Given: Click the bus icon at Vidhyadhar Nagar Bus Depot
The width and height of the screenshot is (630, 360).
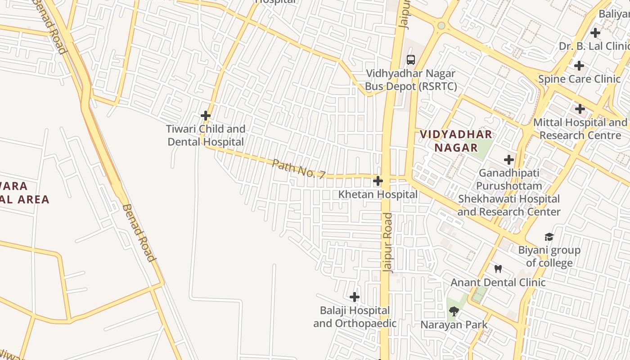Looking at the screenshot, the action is point(410,59).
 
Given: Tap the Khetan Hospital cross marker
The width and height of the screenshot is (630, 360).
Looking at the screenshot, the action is point(378,181).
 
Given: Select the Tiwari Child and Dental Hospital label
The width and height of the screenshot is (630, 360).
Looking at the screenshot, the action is point(206,135).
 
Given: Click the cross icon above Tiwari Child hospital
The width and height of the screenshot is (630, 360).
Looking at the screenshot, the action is point(206,116).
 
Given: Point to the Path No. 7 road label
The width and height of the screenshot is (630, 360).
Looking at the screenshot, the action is point(298,169).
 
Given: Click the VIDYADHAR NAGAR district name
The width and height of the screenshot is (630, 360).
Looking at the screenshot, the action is point(456,140).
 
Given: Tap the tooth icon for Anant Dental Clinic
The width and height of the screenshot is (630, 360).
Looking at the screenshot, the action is point(498,269).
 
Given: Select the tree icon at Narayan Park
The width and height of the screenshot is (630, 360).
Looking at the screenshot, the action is point(454,311).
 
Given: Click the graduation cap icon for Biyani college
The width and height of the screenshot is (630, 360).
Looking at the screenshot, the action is point(549,237).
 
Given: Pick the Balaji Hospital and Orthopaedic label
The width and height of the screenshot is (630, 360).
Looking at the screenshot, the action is point(355,317).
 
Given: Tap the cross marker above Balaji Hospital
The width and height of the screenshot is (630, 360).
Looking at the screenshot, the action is point(355,297).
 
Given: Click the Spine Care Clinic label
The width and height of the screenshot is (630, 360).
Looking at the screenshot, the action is point(579,79).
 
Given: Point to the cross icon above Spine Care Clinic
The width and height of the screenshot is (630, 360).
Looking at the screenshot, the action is point(579,66).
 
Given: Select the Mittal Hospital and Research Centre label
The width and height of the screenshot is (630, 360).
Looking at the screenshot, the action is point(580,129).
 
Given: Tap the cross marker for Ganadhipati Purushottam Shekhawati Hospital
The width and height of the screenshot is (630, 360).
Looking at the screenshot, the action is point(509,160).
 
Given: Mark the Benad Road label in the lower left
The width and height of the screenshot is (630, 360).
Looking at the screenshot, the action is point(139,233).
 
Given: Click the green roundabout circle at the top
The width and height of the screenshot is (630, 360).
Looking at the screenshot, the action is point(441,26).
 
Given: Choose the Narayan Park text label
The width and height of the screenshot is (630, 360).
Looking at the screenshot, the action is point(454,324).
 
